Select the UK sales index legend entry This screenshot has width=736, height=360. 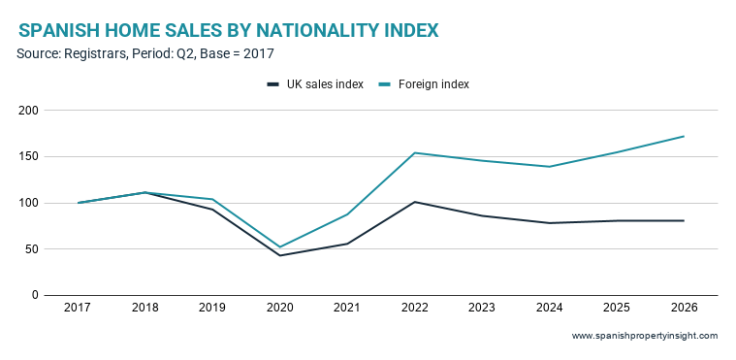click(x=315, y=84)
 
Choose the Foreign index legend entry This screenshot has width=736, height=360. click(x=423, y=84)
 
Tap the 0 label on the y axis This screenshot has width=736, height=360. click(x=35, y=295)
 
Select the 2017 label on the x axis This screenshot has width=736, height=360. click(x=78, y=308)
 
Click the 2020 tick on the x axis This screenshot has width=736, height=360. click(x=279, y=308)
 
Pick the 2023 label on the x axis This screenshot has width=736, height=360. click(x=482, y=308)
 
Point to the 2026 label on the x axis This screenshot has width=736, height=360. click(x=684, y=308)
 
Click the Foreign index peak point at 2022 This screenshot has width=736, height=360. click(x=414, y=152)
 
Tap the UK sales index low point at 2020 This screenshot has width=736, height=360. click(x=279, y=255)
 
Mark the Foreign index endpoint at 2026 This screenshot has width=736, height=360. click(x=684, y=136)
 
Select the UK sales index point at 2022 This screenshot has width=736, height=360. click(x=414, y=202)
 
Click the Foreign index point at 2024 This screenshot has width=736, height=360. click(x=549, y=167)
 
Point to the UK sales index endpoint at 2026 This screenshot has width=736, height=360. click(x=684, y=220)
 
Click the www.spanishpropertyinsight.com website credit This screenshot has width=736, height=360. click(x=645, y=336)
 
